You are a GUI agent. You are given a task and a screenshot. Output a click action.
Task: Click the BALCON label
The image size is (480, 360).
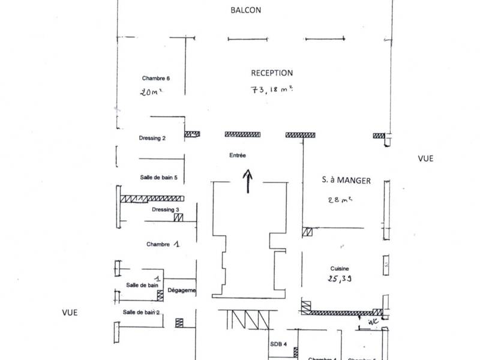[x=246, y=10]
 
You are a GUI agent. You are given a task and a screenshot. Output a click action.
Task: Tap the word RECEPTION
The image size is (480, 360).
[x=272, y=73]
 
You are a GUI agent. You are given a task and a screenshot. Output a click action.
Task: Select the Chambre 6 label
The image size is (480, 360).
[x=156, y=78]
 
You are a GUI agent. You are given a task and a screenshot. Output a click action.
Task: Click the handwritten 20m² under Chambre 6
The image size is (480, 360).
[x=152, y=93]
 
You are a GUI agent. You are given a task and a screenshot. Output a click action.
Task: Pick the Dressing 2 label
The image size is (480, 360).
[x=152, y=138]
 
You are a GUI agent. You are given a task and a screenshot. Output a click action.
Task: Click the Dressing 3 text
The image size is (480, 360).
[x=166, y=209]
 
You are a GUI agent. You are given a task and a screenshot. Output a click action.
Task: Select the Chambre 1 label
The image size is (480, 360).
[x=163, y=245]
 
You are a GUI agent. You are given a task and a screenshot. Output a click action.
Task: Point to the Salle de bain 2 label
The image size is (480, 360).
[x=142, y=312]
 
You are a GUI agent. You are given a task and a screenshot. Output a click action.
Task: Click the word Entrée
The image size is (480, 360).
[x=238, y=155]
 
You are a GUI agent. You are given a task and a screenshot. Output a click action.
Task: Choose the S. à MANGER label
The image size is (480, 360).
[x=346, y=180]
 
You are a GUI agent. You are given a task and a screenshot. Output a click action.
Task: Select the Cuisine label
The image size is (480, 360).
[x=340, y=269]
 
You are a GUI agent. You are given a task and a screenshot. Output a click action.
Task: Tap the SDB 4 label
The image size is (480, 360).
[x=279, y=343]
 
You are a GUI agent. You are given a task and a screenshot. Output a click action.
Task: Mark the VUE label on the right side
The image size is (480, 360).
[x=425, y=158]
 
